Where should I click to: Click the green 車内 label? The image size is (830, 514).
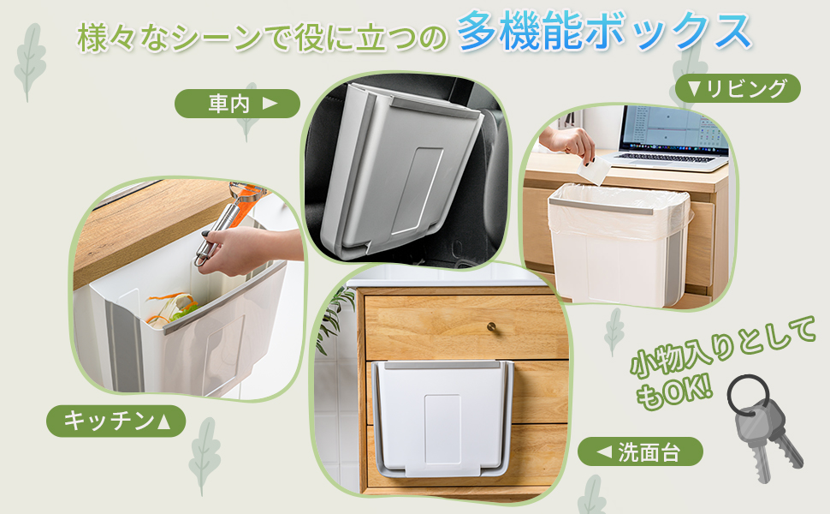click(237, 104)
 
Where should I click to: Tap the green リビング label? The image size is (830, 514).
click(737, 88)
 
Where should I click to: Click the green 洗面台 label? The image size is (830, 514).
click(640, 451)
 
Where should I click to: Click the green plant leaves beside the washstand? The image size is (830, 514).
click(335, 316)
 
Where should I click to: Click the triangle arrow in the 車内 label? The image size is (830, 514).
click(270, 104)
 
